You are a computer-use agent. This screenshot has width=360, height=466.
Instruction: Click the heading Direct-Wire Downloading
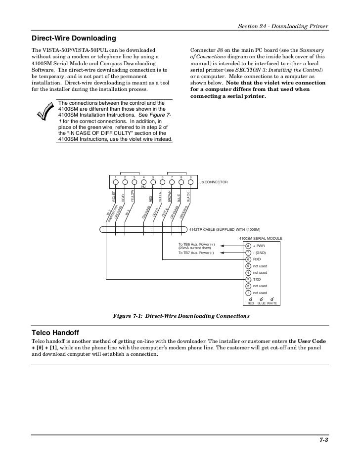point(74,38)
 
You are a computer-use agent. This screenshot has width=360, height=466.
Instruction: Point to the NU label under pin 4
point(143,187)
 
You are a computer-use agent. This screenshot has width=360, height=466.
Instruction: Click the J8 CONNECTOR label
point(214,182)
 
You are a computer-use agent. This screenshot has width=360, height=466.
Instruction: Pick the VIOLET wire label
point(114,197)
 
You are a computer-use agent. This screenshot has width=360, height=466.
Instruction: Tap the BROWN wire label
point(170,196)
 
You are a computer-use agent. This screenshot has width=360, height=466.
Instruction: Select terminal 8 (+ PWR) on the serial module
point(248,246)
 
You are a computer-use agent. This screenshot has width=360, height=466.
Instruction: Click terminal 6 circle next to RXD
point(248,259)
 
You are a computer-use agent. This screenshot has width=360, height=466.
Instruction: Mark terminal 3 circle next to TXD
point(248,279)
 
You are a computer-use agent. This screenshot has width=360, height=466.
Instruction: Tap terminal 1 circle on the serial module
point(248,293)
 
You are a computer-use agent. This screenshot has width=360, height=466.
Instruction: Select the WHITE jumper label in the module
point(272,303)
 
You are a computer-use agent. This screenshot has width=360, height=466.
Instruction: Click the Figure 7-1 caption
point(181,315)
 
